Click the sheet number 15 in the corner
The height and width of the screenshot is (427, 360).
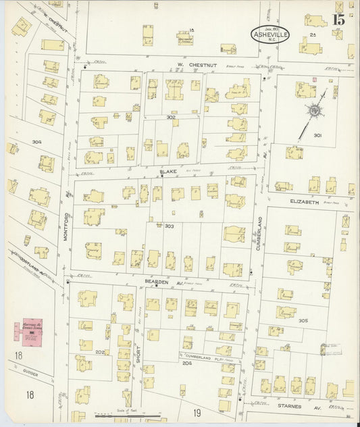(x=337, y=19)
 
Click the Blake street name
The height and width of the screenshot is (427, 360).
(x=168, y=172)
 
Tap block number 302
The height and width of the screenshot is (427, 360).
(x=171, y=117)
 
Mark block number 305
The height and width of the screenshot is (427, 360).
(x=303, y=320)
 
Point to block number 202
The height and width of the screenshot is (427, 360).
(x=100, y=351)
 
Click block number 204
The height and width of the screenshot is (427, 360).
(x=186, y=363)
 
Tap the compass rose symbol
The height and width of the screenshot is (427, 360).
(x=314, y=110)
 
